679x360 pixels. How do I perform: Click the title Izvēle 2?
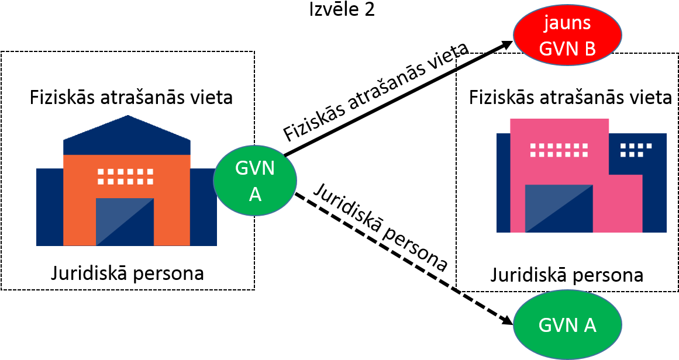tap(342, 9)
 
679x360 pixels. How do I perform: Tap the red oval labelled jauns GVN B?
tap(567, 34)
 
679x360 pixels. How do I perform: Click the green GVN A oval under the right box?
tap(567, 324)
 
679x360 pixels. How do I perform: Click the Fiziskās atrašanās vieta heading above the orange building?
tap(131, 98)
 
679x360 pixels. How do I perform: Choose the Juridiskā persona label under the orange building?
tap(127, 274)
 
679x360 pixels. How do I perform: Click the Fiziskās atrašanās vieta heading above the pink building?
tap(571, 98)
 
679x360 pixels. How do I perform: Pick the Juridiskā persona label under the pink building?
tap(566, 275)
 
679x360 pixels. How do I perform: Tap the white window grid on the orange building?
tap(126, 176)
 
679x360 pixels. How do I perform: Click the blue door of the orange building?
tap(125, 221)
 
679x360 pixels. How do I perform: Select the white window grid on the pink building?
tap(559, 150)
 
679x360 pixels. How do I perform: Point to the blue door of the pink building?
tap(559, 209)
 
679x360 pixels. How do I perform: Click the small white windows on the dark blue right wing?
tap(636, 150)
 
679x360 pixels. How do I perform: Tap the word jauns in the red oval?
tap(568, 22)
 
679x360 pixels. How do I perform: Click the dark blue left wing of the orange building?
tap(50, 207)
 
